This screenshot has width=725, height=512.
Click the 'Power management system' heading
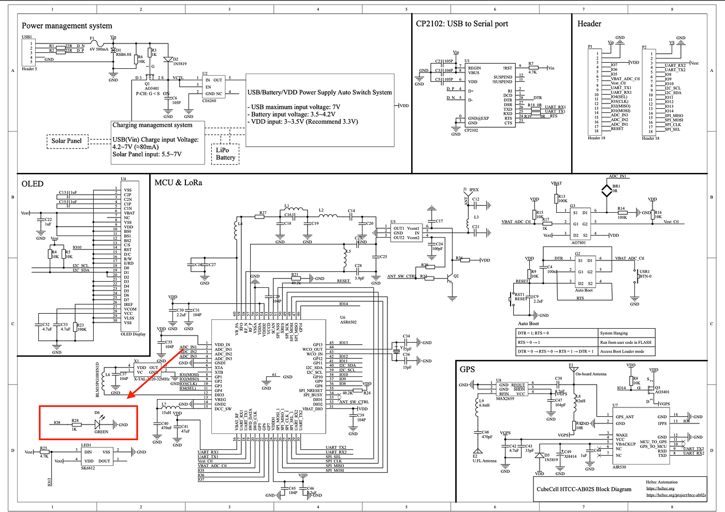[67, 26]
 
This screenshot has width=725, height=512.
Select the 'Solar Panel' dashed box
[66, 141]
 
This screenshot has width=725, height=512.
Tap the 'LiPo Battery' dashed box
[225, 154]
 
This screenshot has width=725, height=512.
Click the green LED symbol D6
[98, 424]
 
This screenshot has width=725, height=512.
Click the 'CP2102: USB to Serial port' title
[462, 24]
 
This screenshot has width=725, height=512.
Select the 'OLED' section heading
[33, 184]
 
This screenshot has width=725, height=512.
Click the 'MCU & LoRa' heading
[178, 183]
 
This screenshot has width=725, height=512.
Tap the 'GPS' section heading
[467, 369]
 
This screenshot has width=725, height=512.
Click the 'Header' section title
[589, 24]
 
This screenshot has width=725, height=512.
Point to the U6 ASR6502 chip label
[348, 320]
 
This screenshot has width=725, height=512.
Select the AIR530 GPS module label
[619, 467]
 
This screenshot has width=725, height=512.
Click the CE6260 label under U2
[209, 101]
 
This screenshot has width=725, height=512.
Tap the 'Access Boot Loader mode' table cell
[622, 352]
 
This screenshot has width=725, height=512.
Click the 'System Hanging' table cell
[614, 333]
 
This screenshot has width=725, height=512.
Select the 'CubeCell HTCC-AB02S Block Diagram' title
[584, 489]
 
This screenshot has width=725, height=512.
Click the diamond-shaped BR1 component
[606, 191]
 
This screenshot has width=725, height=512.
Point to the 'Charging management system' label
[152, 125]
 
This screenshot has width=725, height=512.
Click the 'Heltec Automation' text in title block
[661, 482]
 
